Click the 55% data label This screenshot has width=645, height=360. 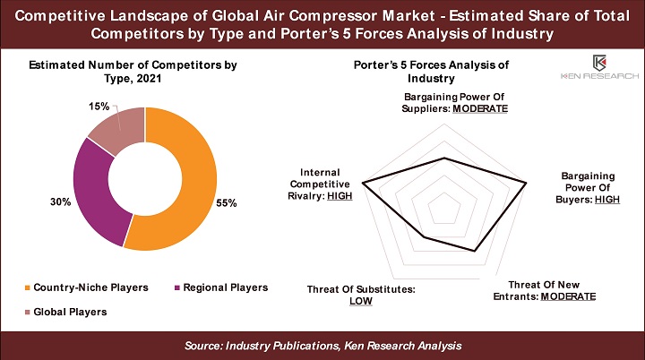[x=227, y=202]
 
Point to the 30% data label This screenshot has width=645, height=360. [x=61, y=201]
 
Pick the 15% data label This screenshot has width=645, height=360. [x=99, y=107]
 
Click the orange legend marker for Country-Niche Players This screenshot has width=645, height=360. [x=28, y=287]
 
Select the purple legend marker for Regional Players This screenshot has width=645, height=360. [x=177, y=287]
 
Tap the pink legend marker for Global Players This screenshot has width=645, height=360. [x=28, y=312]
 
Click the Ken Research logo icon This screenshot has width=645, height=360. [x=599, y=63]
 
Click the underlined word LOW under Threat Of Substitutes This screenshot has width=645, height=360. [x=361, y=301]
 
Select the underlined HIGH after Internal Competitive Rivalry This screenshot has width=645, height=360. [x=340, y=196]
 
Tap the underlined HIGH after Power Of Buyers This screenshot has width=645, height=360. [x=607, y=200]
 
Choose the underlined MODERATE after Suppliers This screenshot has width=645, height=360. [x=480, y=108]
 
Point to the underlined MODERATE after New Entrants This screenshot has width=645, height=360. [x=568, y=296]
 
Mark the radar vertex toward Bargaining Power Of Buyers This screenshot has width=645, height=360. [x=526, y=183]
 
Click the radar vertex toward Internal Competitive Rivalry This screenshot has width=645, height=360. [x=363, y=183]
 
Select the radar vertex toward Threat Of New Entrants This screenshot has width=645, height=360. [x=475, y=251]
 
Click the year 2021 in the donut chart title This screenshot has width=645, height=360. [x=149, y=79]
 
